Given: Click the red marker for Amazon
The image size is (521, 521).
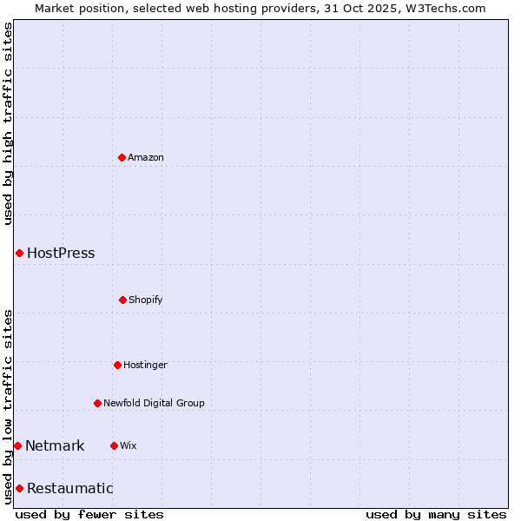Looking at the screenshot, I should tap(122, 157).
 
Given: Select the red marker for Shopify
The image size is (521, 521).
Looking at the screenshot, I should tap(122, 300).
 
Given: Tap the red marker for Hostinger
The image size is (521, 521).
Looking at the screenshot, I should tap(117, 365).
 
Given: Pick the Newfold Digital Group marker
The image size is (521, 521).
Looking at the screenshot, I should tap(97, 403).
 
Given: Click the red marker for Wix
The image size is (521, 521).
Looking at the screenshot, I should tap(114, 445).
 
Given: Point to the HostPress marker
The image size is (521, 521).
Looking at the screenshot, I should tap(19, 253).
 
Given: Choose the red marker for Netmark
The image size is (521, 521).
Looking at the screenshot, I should tap(17, 445).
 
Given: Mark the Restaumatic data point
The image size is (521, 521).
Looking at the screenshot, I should tap(19, 488).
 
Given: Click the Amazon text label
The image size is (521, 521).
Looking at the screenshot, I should tap(146, 157).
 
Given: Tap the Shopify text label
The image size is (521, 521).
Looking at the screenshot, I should tap(146, 300).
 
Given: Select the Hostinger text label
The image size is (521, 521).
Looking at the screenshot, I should tap(145, 365).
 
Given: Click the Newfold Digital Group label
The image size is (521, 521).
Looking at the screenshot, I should tap(154, 403).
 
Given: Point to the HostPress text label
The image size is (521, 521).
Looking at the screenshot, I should tap(61, 254).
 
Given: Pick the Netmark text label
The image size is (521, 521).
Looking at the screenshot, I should tap(55, 446).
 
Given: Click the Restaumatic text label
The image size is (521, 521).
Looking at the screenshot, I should tap(69, 488).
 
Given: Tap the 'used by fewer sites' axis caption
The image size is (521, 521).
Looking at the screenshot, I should tap(89, 514).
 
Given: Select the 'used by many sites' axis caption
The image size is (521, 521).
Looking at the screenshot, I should tap(436, 514).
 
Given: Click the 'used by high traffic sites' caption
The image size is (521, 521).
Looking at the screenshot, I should tap(8, 123).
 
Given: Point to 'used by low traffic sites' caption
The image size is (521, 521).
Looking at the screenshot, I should tap(8, 406).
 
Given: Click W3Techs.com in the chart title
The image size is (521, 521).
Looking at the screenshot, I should tap(443, 8).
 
